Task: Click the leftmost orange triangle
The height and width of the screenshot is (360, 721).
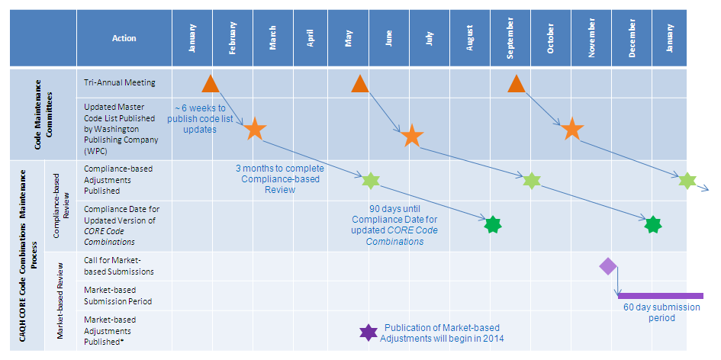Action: coord(211,84)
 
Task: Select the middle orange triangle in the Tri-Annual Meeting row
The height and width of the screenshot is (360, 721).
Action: coord(360,84)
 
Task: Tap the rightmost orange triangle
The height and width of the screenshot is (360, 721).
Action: coord(517,84)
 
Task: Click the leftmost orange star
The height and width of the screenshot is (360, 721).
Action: coord(255,129)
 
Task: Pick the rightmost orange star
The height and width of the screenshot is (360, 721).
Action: coord(571,129)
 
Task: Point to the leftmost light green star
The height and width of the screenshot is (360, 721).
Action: coord(370,181)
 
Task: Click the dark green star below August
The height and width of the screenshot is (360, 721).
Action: coord(493,225)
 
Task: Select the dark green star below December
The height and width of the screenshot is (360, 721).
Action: coord(652,225)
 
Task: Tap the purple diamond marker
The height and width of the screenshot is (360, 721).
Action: coord(608,266)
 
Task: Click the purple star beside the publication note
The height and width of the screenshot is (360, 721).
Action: coord(369,333)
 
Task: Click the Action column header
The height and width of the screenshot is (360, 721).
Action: coord(124,38)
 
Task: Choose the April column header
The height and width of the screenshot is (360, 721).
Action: coord(311,38)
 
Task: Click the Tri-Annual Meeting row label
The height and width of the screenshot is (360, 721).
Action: coord(118,82)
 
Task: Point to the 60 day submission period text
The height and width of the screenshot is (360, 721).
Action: coord(661,313)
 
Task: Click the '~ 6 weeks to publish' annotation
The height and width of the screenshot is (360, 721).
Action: coord(200,118)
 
